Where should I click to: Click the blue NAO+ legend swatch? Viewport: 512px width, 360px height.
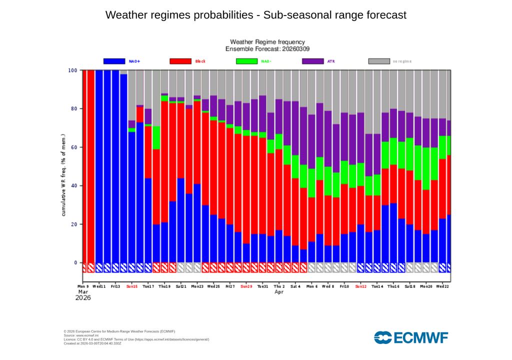(114, 61)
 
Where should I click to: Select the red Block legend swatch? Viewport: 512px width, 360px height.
(180, 61)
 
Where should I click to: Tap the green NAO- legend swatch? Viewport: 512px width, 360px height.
(246, 61)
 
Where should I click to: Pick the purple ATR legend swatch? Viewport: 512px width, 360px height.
(313, 61)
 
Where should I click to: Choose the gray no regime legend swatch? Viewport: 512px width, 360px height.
(379, 61)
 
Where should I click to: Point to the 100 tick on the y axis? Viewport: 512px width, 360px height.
(72, 70)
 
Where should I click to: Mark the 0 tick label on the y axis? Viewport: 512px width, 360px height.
(75, 263)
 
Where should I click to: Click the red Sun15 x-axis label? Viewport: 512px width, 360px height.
(132, 286)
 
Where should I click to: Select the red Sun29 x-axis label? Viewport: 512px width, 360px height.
(246, 286)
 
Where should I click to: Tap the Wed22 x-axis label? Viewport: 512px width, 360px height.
(441, 286)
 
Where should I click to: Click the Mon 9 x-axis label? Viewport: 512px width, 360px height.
(83, 286)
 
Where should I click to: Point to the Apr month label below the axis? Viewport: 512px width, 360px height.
(279, 292)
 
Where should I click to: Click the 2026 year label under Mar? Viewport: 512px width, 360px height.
(83, 297)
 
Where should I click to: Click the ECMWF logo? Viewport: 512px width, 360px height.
(411, 337)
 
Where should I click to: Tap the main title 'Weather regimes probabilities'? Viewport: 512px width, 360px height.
(256, 15)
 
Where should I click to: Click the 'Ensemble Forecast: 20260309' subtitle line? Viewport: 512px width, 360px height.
(267, 49)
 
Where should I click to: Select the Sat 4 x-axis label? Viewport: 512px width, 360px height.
(295, 286)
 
